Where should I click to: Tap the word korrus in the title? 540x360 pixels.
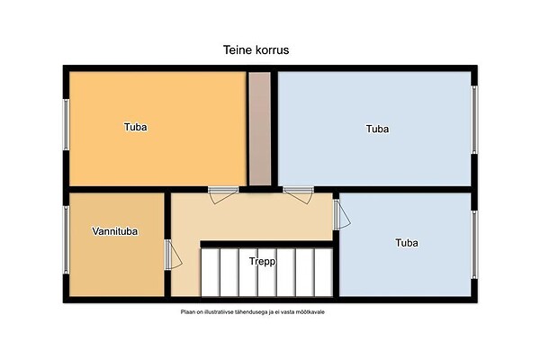pyautogui.click(x=273, y=50)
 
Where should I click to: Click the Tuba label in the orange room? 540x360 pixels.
pyautogui.click(x=135, y=127)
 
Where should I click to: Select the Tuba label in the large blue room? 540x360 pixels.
pyautogui.click(x=377, y=129)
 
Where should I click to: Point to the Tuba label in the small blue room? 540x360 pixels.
pyautogui.click(x=407, y=242)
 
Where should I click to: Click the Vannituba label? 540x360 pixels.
pyautogui.click(x=115, y=230)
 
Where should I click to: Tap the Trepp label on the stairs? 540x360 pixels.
pyautogui.click(x=263, y=262)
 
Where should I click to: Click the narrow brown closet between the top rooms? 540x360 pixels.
pyautogui.click(x=260, y=129)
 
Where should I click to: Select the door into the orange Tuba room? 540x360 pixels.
pyautogui.click(x=223, y=195)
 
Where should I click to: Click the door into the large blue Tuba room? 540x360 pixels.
pyautogui.click(x=298, y=195)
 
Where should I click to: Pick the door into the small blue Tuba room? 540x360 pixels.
pyautogui.click(x=342, y=214)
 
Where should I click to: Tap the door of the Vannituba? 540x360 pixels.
pyautogui.click(x=173, y=255)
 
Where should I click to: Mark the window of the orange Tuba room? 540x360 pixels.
pyautogui.click(x=66, y=125)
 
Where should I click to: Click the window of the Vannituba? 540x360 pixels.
pyautogui.click(x=66, y=239)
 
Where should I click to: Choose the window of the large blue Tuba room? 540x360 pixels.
pyautogui.click(x=474, y=120)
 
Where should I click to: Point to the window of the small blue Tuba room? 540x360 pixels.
pyautogui.click(x=474, y=245)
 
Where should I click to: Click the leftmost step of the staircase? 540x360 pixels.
pyautogui.click(x=211, y=272)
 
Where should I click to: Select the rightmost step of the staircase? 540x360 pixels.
pyautogui.click(x=324, y=272)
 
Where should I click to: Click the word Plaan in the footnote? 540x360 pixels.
pyautogui.click(x=187, y=312)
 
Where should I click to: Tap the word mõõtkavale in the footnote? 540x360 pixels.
pyautogui.click(x=310, y=312)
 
